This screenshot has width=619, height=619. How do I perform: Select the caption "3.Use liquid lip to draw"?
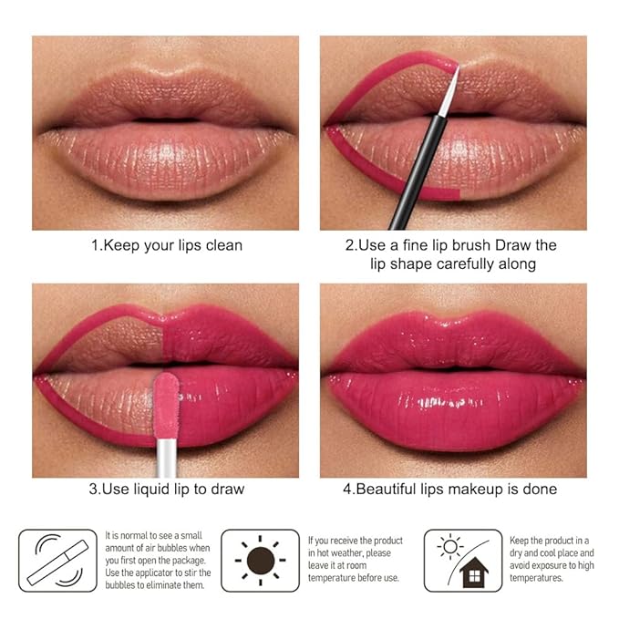[x=165, y=490]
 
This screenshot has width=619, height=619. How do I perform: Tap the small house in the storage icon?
[x=474, y=573]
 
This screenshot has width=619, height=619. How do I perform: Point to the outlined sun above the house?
[x=449, y=545]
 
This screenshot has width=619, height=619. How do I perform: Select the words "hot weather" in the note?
[x=341, y=553]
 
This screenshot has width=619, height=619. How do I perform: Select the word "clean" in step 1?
[x=222, y=245]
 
